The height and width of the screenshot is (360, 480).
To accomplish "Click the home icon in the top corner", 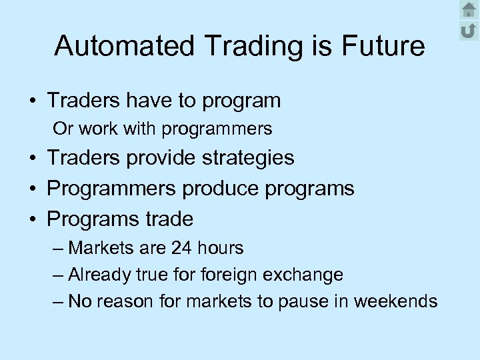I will tap(469, 10).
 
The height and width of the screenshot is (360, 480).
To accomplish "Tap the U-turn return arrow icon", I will tap(469, 30).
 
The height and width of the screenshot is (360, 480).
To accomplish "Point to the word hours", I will tap(220, 249).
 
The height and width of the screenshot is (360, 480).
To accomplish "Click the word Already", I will tap(100, 275).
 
